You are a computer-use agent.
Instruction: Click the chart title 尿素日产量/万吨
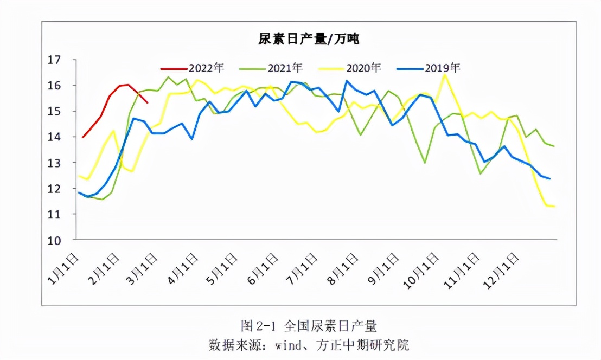[x=309, y=38]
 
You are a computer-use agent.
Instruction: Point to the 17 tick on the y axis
[x=55, y=60]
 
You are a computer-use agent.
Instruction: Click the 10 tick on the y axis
[x=55, y=240]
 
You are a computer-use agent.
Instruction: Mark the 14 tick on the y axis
[x=55, y=137]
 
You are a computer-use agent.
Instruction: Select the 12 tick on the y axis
[x=55, y=189]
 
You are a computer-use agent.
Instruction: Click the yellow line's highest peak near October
[x=445, y=75]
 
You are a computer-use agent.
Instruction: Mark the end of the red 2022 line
[x=148, y=102]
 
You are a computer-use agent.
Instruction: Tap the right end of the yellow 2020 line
[x=554, y=207]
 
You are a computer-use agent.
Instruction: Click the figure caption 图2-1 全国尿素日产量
[x=309, y=326]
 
